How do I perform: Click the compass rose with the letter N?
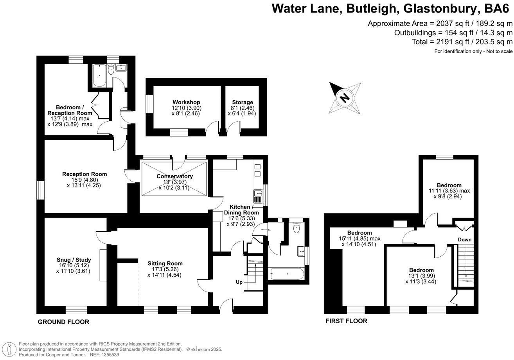[345, 97]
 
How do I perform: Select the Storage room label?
[242, 102]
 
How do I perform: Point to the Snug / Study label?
[74, 259]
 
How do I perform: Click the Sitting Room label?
[165, 263]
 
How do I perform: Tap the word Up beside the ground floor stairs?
[239, 282]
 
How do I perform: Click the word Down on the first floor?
[465, 239]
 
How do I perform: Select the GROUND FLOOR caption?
[63, 322]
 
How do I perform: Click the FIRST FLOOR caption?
[347, 321]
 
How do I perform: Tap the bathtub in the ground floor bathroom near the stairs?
[286, 274]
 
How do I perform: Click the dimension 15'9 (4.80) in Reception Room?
[84, 180]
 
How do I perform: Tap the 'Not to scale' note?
[499, 52]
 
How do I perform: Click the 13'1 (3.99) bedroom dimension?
[421, 276]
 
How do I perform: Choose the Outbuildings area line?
[453, 33]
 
